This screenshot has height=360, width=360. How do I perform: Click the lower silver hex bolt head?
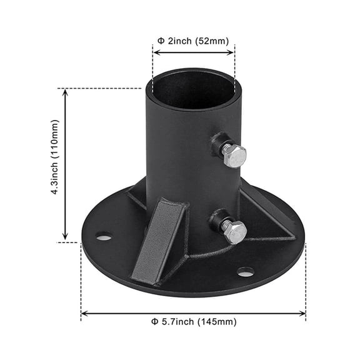pos(235,231)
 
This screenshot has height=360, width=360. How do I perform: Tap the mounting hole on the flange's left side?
pos(104,236)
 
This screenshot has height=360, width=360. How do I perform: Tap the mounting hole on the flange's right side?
pos(246,272)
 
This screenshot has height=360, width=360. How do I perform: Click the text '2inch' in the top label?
pos(181,41)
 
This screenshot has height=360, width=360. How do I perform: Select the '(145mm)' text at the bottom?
pos(217,322)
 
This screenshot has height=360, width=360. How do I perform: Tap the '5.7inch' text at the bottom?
pos(177,322)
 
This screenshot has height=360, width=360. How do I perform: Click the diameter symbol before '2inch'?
pos(161,41)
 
